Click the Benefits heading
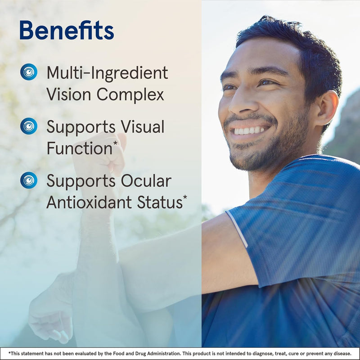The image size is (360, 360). [67, 31]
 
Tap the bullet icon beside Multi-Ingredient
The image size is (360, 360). [29, 72]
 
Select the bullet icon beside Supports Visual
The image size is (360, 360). [29, 126]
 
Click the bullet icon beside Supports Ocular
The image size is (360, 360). [29, 180]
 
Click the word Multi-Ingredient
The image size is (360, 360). [107, 73]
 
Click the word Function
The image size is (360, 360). [79, 148]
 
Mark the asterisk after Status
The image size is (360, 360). [185, 198]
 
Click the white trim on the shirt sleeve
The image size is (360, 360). [237, 229]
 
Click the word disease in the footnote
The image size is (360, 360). [341, 354]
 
